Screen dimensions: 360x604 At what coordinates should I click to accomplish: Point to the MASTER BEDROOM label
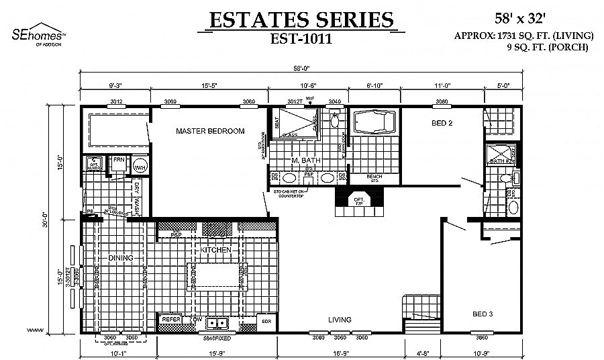pos(210,131)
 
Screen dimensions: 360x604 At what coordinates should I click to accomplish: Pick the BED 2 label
pos(442,123)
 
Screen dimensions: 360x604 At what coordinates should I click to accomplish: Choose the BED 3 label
pos(483,314)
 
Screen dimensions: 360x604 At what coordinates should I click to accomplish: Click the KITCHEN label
pos(215,250)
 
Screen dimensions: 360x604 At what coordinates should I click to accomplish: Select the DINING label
pos(121,258)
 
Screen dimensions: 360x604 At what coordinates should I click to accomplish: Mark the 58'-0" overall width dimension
pos(301,68)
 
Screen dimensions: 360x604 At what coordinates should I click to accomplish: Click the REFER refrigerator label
pos(170,320)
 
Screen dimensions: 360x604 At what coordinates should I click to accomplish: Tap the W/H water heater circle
pos(140,167)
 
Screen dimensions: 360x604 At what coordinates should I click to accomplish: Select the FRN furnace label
pos(119,160)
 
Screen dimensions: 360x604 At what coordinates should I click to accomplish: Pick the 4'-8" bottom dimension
pos(424,352)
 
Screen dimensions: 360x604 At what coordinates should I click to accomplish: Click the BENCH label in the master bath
pos(374,177)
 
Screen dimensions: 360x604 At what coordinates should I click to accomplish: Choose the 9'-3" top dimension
pos(116,86)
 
